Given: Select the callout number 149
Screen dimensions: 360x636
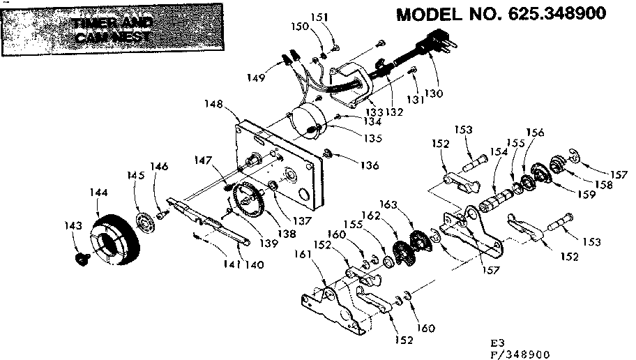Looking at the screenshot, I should point(257,77).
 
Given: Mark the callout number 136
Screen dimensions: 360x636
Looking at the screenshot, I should point(370,165).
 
